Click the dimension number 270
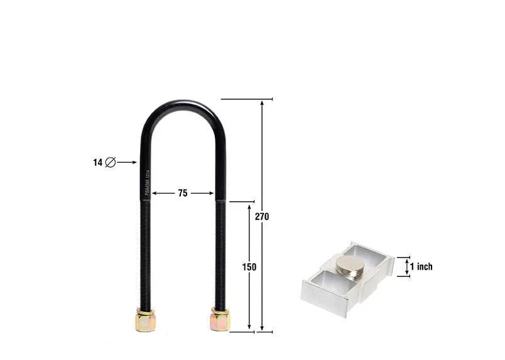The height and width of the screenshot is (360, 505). pos(262,216)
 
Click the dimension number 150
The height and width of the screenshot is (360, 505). pos(249,267)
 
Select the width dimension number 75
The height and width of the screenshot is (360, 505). pos(182,194)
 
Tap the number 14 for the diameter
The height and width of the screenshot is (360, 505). pos(97,162)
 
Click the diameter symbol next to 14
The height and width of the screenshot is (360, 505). pos(110,162)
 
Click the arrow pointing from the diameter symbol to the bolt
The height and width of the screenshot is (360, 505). pos(127,162)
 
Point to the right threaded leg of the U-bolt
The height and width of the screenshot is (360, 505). pos(219,251)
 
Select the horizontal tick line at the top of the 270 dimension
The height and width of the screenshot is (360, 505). pos(246,99)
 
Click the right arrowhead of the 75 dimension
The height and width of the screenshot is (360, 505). pos(211,194)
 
